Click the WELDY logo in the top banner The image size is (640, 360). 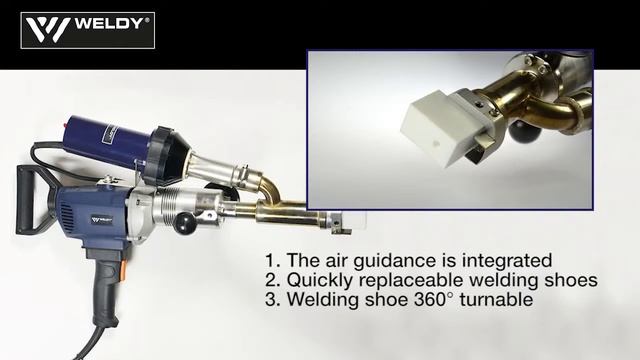point(88,31)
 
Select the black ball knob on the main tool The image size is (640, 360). point(185,225)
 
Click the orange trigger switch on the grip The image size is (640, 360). point(123,270)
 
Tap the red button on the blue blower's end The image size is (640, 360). point(64,125)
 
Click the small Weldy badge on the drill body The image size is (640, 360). point(102,220)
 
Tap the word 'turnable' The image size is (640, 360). point(496,299)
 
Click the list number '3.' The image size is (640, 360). point(273,300)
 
